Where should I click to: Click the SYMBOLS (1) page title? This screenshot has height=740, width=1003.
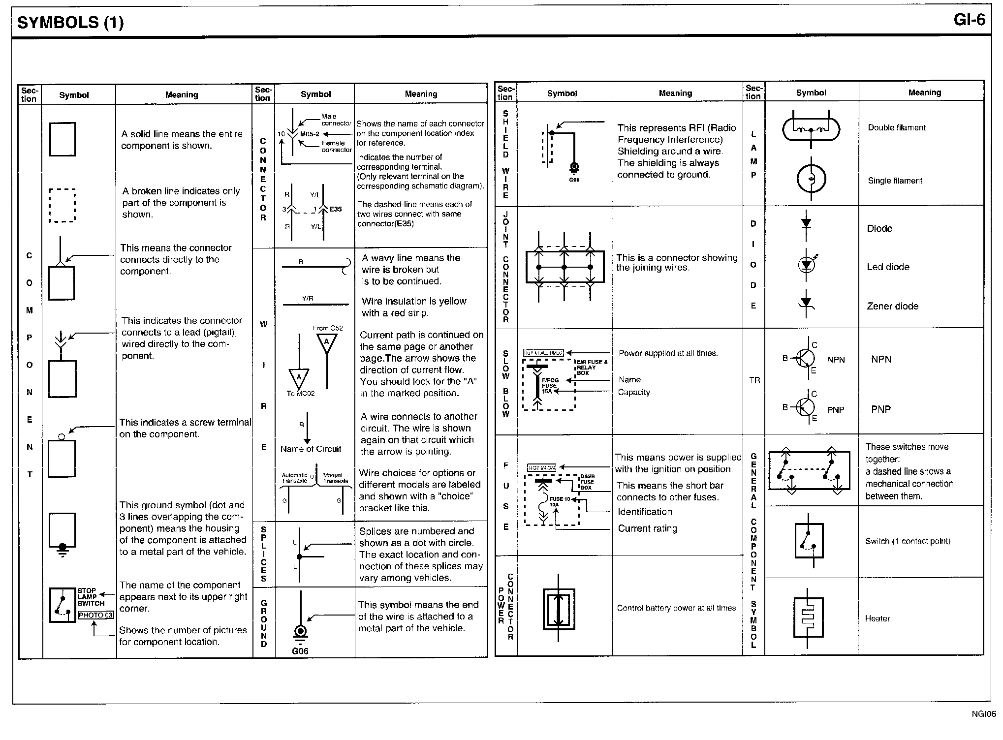[x=70, y=23]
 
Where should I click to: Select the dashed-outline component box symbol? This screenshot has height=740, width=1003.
[x=62, y=205]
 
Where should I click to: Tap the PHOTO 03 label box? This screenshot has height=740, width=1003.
[x=96, y=615]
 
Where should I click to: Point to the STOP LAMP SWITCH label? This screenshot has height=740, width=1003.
[x=91, y=597]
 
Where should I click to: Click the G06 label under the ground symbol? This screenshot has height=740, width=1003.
[x=300, y=651]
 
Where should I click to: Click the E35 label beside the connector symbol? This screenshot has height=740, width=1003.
[x=336, y=209]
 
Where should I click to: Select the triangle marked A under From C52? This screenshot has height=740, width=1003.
[x=326, y=343]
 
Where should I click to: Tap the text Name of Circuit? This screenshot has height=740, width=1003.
[x=311, y=449]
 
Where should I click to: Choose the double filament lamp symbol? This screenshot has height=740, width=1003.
[x=811, y=130]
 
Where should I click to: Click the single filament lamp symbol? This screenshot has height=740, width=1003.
[x=811, y=178]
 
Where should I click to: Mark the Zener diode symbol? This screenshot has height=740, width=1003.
[x=806, y=304]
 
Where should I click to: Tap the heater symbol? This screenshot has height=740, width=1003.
[x=808, y=618]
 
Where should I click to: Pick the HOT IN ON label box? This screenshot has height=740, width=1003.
[x=541, y=467]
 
